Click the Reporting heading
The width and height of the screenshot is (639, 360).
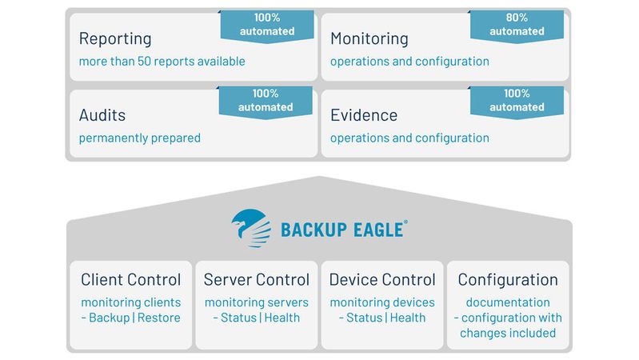pos(115,38)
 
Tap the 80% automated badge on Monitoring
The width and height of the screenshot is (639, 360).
pos(517,26)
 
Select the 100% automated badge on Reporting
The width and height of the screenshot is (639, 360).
pos(267,26)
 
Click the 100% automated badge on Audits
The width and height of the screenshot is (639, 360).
pos(266,101)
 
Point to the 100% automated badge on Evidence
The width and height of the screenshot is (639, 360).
pos(517,101)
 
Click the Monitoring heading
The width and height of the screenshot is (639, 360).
pos(369,38)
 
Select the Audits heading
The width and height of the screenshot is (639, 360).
pos(102,114)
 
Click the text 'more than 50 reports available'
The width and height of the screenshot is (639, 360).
pos(162,62)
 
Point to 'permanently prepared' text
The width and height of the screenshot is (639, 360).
pos(139,138)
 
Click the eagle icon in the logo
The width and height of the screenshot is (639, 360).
pos(250,226)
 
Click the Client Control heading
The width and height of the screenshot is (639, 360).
pos(131,280)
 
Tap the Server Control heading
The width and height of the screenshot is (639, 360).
pos(256,280)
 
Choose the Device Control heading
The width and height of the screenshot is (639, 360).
pos(382,280)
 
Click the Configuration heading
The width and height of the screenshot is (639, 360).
pos(508,280)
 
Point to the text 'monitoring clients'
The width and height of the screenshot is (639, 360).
pos(131,302)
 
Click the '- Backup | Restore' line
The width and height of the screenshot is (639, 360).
pos(131,318)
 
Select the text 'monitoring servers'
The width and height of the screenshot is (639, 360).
pos(256,302)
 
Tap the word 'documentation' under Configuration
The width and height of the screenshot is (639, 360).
pos(508,302)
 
